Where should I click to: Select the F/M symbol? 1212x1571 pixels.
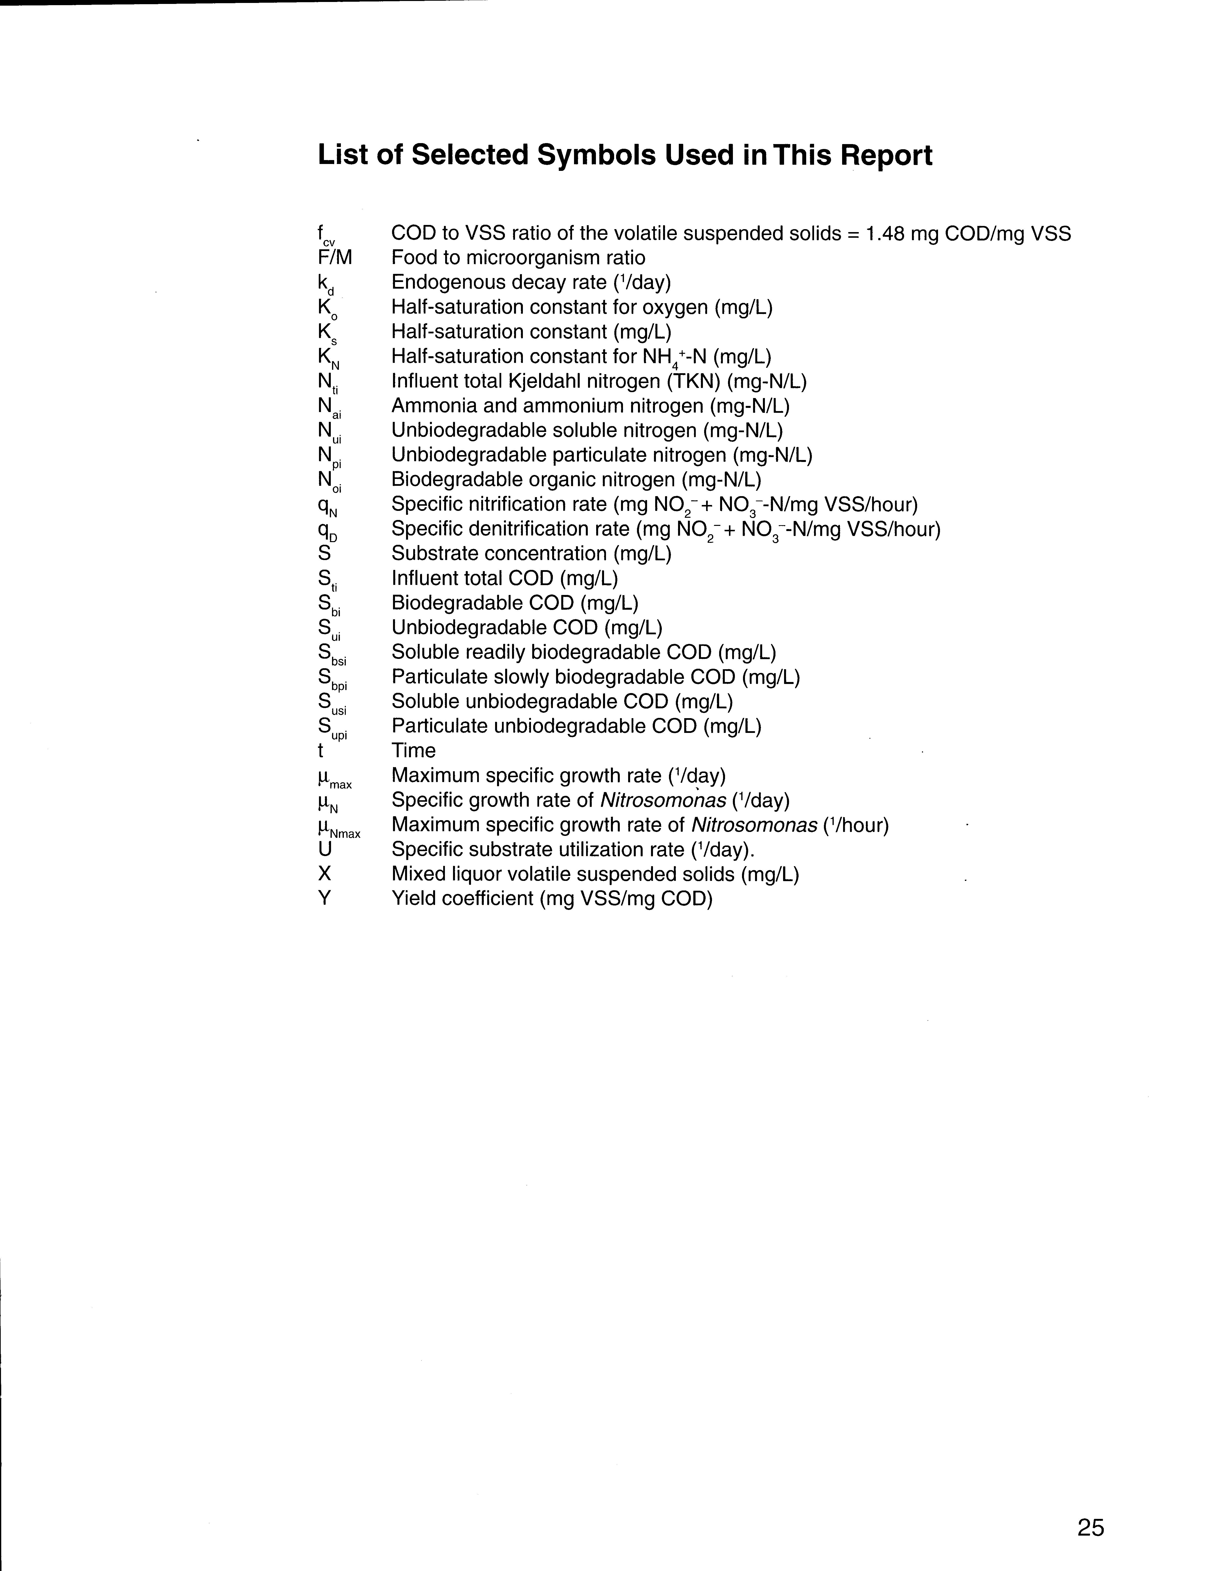[335, 257]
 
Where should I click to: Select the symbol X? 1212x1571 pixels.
[325, 874]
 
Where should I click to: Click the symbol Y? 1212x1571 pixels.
[325, 898]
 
